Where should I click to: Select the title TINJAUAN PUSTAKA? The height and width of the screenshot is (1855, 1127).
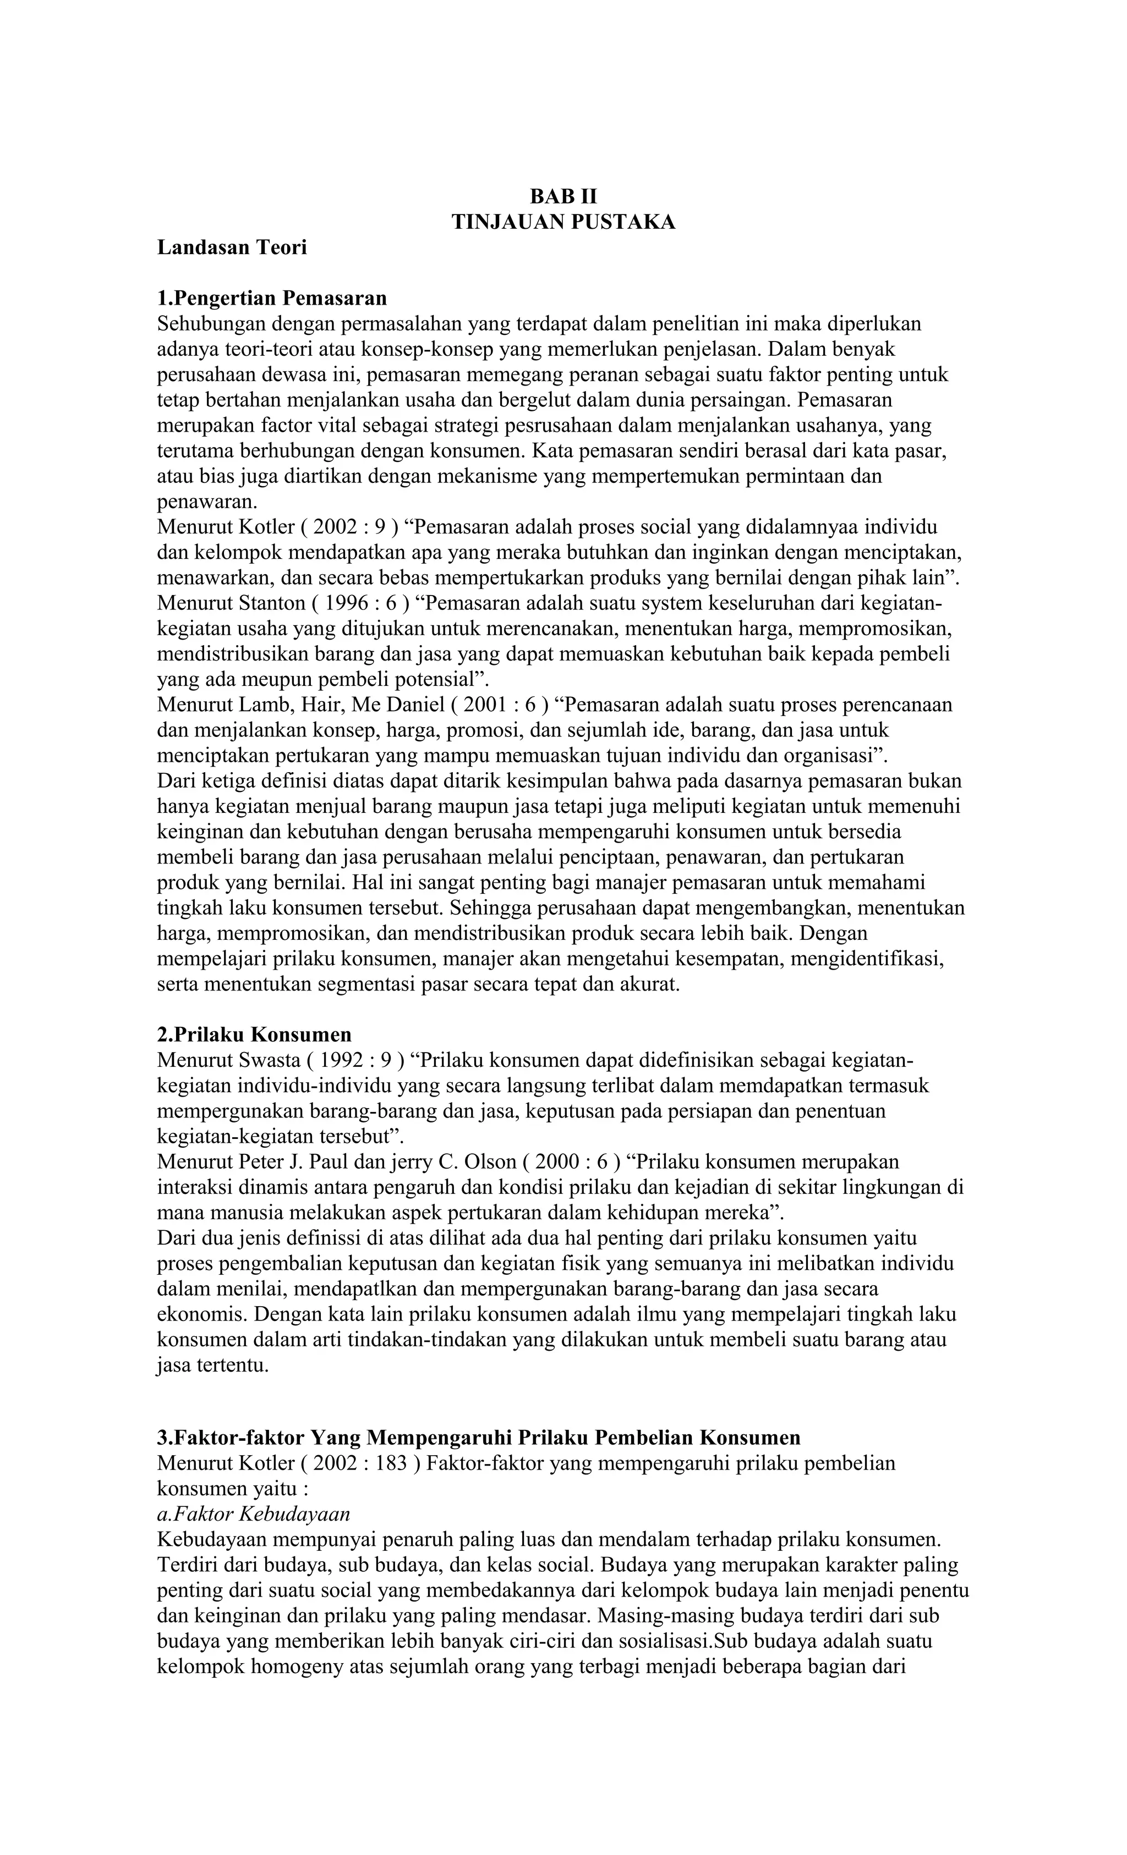(563, 222)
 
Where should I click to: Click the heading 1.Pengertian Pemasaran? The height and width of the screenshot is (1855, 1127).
(271, 298)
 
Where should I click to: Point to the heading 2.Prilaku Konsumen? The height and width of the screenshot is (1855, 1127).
(254, 1034)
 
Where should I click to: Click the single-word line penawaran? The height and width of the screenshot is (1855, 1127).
(207, 502)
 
